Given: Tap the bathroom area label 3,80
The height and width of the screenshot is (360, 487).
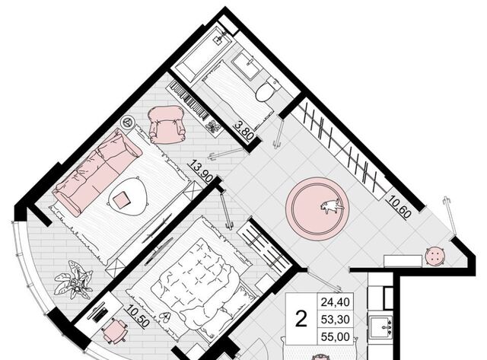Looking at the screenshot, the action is click(244, 131).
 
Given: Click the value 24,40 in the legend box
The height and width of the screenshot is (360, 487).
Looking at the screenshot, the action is click(335, 301).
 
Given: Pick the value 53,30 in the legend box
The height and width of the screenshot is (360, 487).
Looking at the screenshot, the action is click(335, 319).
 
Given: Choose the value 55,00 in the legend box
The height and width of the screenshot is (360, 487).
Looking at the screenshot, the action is click(335, 336).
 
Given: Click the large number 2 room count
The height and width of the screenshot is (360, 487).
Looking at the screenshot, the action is click(301, 319).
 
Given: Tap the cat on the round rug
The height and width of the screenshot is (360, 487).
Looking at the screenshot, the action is click(332, 206).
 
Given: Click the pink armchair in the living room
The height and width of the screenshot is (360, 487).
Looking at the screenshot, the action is click(167, 124).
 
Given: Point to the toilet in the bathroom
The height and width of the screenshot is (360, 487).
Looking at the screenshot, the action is click(267, 89).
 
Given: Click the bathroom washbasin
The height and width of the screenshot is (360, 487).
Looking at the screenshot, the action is click(245, 66).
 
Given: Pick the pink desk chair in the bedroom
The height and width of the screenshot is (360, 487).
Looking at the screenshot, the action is click(115, 330).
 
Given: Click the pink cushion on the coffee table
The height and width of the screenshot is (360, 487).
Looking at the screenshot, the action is click(122, 199).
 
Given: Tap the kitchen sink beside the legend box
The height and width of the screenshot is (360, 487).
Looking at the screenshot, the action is click(380, 327).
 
